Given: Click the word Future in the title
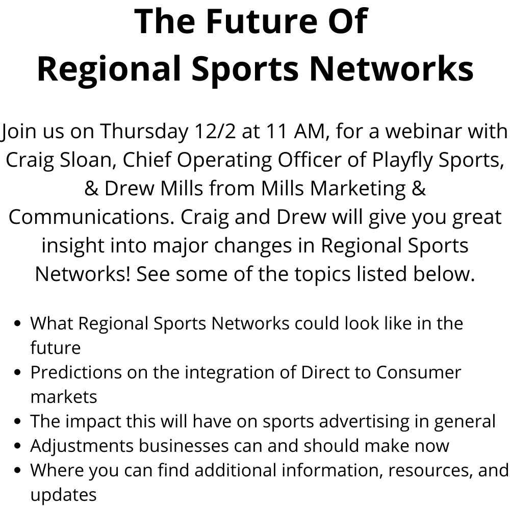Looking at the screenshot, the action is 262,21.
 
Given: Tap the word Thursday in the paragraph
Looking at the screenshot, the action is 144,132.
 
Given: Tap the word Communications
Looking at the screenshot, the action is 89,217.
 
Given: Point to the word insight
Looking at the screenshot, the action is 73,246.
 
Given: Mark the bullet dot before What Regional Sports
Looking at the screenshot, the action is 18,324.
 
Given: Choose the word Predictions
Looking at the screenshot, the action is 76,372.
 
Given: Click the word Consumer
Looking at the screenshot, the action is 419,372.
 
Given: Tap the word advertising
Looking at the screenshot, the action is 364,422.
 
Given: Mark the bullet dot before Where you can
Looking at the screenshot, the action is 18,470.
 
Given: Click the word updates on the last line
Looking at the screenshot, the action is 63,495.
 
